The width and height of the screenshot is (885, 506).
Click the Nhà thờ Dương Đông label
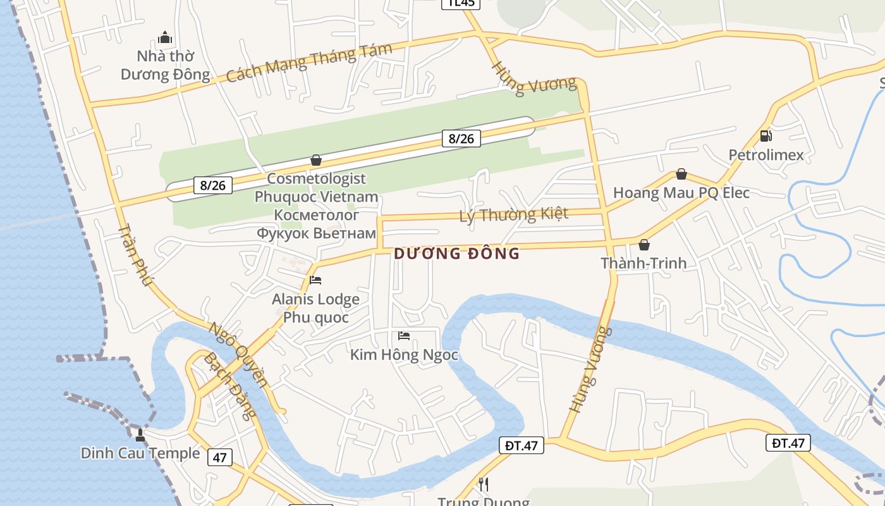coord(165,66)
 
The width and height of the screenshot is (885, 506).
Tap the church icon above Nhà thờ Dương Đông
coord(165,37)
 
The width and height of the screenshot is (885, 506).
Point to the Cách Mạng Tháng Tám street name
coord(309,62)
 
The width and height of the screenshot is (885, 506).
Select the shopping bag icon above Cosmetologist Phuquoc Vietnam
coord(316,160)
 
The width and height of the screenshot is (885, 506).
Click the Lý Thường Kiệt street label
coord(514,215)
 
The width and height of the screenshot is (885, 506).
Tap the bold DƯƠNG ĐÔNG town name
coord(456,254)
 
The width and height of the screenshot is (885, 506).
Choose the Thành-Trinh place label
coord(644,263)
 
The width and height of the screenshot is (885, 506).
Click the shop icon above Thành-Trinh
coord(644,245)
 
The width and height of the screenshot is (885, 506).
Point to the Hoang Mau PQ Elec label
coord(681,192)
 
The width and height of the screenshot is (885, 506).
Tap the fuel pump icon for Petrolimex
coord(766,135)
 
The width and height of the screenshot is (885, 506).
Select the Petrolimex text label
coord(766,155)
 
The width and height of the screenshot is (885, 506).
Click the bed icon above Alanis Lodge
coord(315,280)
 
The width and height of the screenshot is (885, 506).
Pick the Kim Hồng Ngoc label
coord(404,355)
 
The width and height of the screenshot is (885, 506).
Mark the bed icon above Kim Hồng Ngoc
coord(404,336)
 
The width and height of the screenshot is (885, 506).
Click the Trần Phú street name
coord(135,254)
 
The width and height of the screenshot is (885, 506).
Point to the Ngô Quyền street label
coord(238,354)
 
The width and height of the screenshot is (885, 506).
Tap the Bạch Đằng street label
coord(230,386)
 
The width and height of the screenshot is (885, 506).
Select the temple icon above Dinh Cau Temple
coord(140,435)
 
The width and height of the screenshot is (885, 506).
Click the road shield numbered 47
coord(219,457)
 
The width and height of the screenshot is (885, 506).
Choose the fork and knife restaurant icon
coord(484,484)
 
